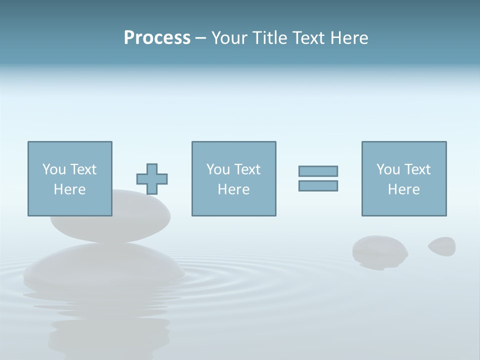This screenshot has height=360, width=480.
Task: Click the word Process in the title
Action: point(157,38)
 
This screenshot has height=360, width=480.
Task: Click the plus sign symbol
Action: point(152,179)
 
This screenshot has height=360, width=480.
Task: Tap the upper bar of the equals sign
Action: point(318,171)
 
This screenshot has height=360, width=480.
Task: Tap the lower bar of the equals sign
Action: point(318,185)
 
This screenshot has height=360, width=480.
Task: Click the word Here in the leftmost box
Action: point(69,189)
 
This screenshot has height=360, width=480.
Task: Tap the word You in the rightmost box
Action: point(388,169)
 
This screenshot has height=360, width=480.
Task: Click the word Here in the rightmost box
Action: point(403,189)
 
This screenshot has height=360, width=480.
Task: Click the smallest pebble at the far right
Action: point(442,245)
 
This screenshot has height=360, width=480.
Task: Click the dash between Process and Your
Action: point(200,38)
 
